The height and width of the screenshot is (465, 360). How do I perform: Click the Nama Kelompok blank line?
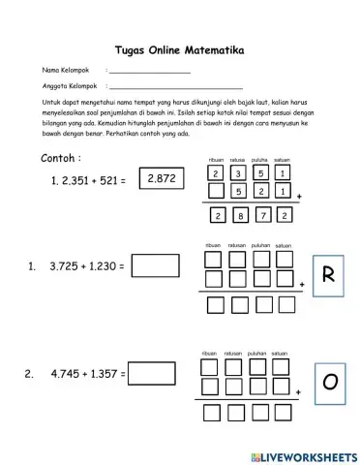coord(150,73)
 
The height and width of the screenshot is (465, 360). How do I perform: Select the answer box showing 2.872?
coord(158,179)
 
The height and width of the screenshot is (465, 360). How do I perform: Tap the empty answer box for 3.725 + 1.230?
coord(154,264)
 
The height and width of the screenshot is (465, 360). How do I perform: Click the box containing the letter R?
coord(328,276)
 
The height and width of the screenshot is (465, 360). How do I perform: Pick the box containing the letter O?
coord(328,381)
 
